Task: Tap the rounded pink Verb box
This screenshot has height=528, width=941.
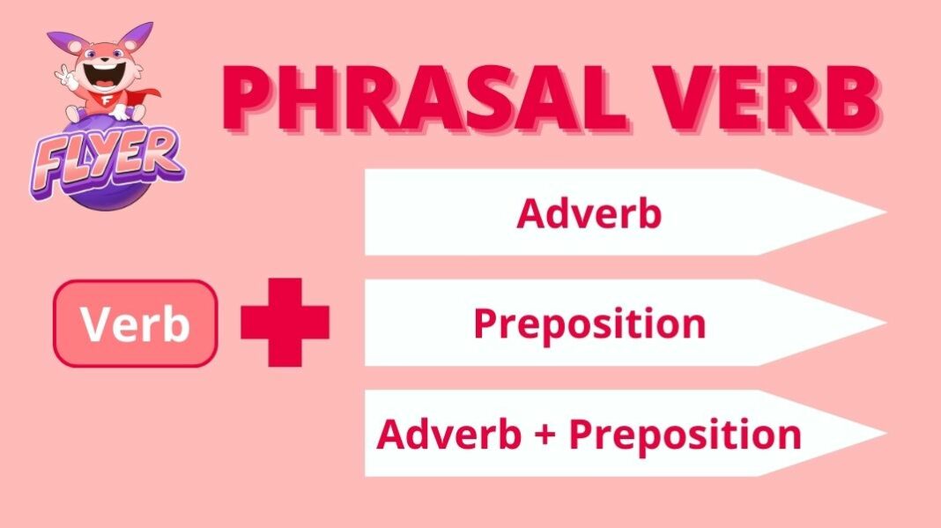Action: tap(135, 323)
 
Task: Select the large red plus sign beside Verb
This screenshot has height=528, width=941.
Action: tap(285, 323)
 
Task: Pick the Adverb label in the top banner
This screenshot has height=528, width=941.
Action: tap(589, 213)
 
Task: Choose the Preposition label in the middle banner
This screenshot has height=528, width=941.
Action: tap(589, 323)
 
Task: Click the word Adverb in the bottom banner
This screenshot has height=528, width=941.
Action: tap(448, 434)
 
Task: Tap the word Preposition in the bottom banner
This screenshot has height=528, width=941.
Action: tap(685, 435)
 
